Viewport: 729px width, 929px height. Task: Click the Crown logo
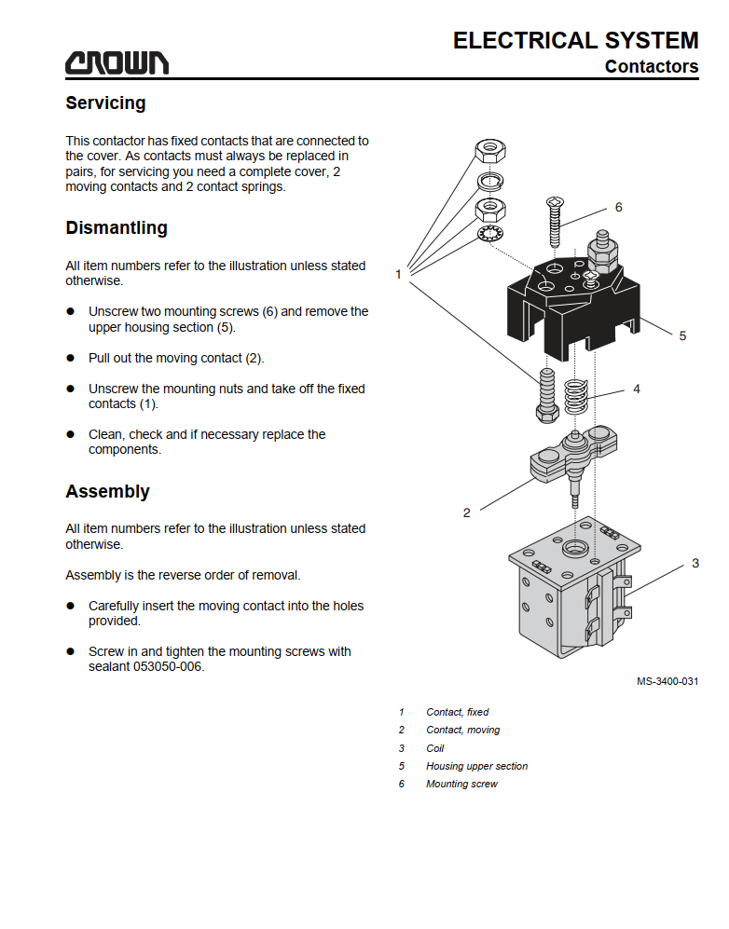[x=117, y=62]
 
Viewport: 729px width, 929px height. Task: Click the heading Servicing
[x=105, y=103]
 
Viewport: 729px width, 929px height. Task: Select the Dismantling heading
[x=117, y=227]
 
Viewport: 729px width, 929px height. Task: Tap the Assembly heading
[x=107, y=491]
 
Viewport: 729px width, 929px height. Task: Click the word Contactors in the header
[x=652, y=66]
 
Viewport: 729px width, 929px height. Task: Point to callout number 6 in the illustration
[x=619, y=208]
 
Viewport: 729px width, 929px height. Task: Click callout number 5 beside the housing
[x=682, y=336]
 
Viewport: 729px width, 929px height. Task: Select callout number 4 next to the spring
[x=637, y=389]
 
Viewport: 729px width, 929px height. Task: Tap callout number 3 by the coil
[x=695, y=564]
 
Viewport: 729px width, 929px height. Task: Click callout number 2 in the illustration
[x=466, y=512]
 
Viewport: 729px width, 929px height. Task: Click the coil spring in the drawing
[x=575, y=396]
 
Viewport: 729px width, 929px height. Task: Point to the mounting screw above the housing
[x=555, y=222]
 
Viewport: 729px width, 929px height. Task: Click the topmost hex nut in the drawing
[x=490, y=151]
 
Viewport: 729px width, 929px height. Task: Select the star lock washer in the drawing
[x=490, y=234]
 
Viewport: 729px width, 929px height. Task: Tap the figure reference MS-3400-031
[x=667, y=681]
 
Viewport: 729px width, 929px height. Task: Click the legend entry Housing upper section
[x=476, y=766]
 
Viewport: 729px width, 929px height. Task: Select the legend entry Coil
[x=435, y=748]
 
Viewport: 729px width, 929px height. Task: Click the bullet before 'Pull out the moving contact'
[x=71, y=358]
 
